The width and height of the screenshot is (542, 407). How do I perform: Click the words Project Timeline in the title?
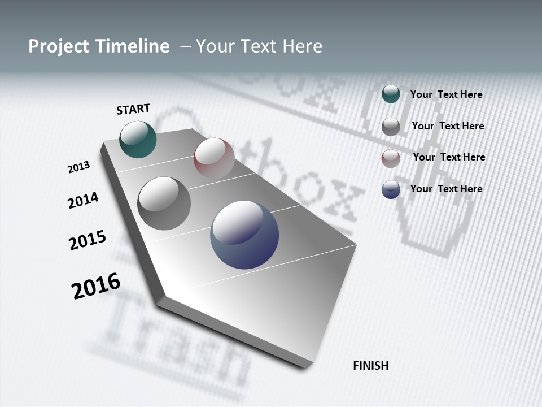[x=99, y=46]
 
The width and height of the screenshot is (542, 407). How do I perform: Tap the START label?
[x=133, y=109]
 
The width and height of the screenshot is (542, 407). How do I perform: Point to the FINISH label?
[x=371, y=366]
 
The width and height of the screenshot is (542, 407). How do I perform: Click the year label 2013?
[x=78, y=167]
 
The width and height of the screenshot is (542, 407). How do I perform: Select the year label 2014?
[x=83, y=200]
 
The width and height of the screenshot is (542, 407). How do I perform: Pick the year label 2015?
[x=88, y=240]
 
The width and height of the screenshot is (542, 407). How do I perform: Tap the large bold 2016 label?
[x=96, y=286]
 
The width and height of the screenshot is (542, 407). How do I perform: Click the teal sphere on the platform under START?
[x=138, y=139]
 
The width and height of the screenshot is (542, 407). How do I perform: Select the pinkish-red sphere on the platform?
[x=214, y=158]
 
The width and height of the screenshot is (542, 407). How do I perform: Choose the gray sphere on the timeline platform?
[x=164, y=203]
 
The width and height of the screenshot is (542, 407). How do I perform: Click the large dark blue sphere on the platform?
[x=244, y=235]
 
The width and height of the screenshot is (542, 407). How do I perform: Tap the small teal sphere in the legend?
[x=391, y=94]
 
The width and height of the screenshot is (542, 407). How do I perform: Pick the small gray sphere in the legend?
[x=391, y=127]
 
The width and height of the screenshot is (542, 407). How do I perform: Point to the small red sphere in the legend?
[x=391, y=158]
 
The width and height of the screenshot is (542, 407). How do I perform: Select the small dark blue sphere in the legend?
[x=391, y=189]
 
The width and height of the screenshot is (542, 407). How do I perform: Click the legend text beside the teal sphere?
[x=446, y=94]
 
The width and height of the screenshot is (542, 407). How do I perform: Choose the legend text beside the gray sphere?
[x=448, y=126]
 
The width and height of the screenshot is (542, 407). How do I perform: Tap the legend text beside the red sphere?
[x=449, y=157]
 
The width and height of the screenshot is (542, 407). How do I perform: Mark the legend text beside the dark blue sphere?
[x=446, y=189]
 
